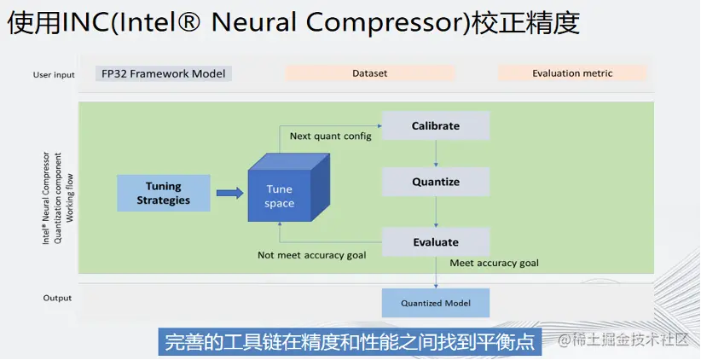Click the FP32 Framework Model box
pos(164,73)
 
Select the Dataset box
pos(369,73)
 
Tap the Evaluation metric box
pos(572,73)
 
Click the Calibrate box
pos(436,126)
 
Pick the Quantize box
pos(436,182)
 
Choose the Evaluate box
pos(436,242)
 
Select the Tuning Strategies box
pos(163,194)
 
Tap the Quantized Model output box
pos(435,303)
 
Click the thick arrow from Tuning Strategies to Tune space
pos(229,194)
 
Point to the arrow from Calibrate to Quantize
pos(436,154)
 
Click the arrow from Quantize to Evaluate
pos(436,212)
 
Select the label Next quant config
pos(330,136)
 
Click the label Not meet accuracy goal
pos(311,255)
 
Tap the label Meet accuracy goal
pos(494,263)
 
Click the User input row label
pos(53,74)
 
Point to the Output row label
pos(58,299)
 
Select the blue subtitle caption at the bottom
pos(350,342)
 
